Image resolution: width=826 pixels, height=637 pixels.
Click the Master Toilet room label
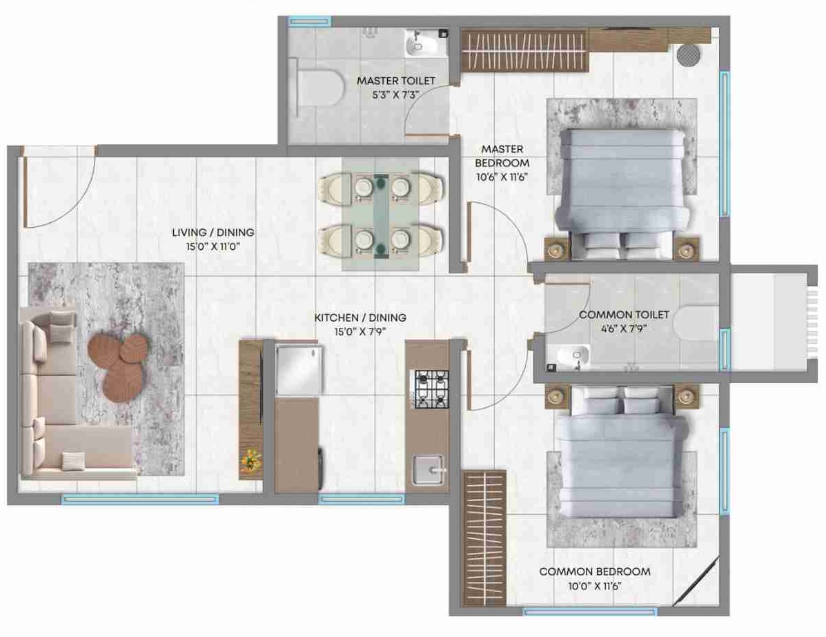(x=396, y=81)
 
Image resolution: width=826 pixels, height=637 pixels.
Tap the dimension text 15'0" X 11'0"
(x=213, y=246)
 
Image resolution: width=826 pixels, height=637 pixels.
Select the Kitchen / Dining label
(x=360, y=317)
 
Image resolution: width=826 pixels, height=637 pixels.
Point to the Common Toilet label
(x=625, y=315)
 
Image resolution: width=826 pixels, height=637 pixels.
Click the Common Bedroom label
(x=595, y=571)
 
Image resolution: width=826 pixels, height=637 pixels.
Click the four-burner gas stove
(x=432, y=389)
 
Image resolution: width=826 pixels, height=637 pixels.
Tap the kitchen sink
(x=430, y=470)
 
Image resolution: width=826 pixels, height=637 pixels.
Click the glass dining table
(x=381, y=214)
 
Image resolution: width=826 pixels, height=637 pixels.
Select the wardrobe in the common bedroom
(x=484, y=537)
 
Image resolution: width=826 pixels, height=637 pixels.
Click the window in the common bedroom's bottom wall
(x=591, y=611)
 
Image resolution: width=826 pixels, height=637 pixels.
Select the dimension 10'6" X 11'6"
(x=502, y=177)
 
